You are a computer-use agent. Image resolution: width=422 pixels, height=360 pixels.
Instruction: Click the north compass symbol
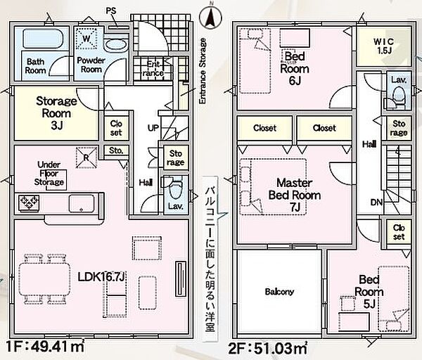click(x=210, y=17)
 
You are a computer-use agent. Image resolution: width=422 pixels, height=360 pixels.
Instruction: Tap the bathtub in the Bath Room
click(x=43, y=38)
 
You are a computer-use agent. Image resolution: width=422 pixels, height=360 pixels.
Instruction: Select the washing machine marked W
click(x=86, y=38)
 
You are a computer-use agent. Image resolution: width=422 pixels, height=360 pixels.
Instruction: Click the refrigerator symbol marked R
click(x=86, y=157)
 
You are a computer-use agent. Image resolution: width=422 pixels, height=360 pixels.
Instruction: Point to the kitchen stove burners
click(x=29, y=202)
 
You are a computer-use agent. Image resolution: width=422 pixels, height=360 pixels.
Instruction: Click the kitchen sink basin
click(x=82, y=203)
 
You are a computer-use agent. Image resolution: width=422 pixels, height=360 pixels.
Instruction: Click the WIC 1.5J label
click(x=383, y=46)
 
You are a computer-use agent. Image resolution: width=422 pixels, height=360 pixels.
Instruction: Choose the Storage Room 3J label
click(x=56, y=113)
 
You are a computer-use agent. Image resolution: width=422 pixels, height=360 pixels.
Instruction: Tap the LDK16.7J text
click(x=101, y=277)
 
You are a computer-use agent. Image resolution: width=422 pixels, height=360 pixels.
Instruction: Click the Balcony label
click(x=279, y=292)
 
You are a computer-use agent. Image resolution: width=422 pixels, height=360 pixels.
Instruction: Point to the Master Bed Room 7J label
click(x=295, y=195)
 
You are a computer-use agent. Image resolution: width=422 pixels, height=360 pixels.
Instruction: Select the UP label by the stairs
click(x=153, y=127)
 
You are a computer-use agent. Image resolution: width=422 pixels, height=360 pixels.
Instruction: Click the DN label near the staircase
click(x=376, y=202)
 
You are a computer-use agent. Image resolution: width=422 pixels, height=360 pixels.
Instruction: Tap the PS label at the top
click(x=111, y=11)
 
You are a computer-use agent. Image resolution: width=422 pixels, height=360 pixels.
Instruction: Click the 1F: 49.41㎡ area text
click(x=45, y=347)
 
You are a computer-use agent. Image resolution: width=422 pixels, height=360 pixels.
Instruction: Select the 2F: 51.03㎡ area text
click(x=268, y=348)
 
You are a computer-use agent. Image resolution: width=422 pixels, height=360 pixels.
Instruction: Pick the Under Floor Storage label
click(x=49, y=174)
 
